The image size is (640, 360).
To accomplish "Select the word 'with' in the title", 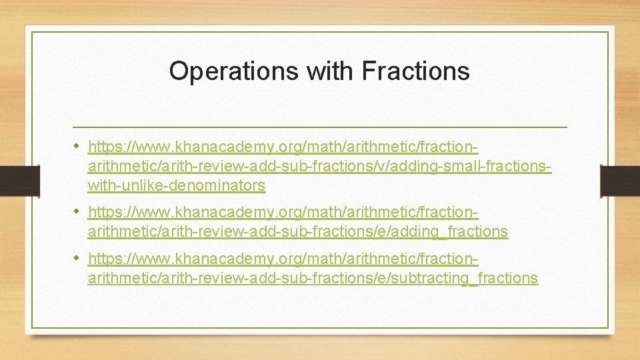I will [325, 71].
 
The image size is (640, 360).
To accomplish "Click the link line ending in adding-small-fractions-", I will [319, 165].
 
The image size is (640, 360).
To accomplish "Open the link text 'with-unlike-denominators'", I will [176, 185].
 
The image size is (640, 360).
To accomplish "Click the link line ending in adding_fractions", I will [297, 232].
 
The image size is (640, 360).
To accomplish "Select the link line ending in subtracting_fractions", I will [312, 278].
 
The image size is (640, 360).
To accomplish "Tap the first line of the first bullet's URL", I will [283, 146].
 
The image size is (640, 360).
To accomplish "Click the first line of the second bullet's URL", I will [283, 213].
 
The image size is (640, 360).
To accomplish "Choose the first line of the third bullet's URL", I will [283, 259].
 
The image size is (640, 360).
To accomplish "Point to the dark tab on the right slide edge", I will [620, 181].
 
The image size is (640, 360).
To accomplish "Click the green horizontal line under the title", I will [319, 126].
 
